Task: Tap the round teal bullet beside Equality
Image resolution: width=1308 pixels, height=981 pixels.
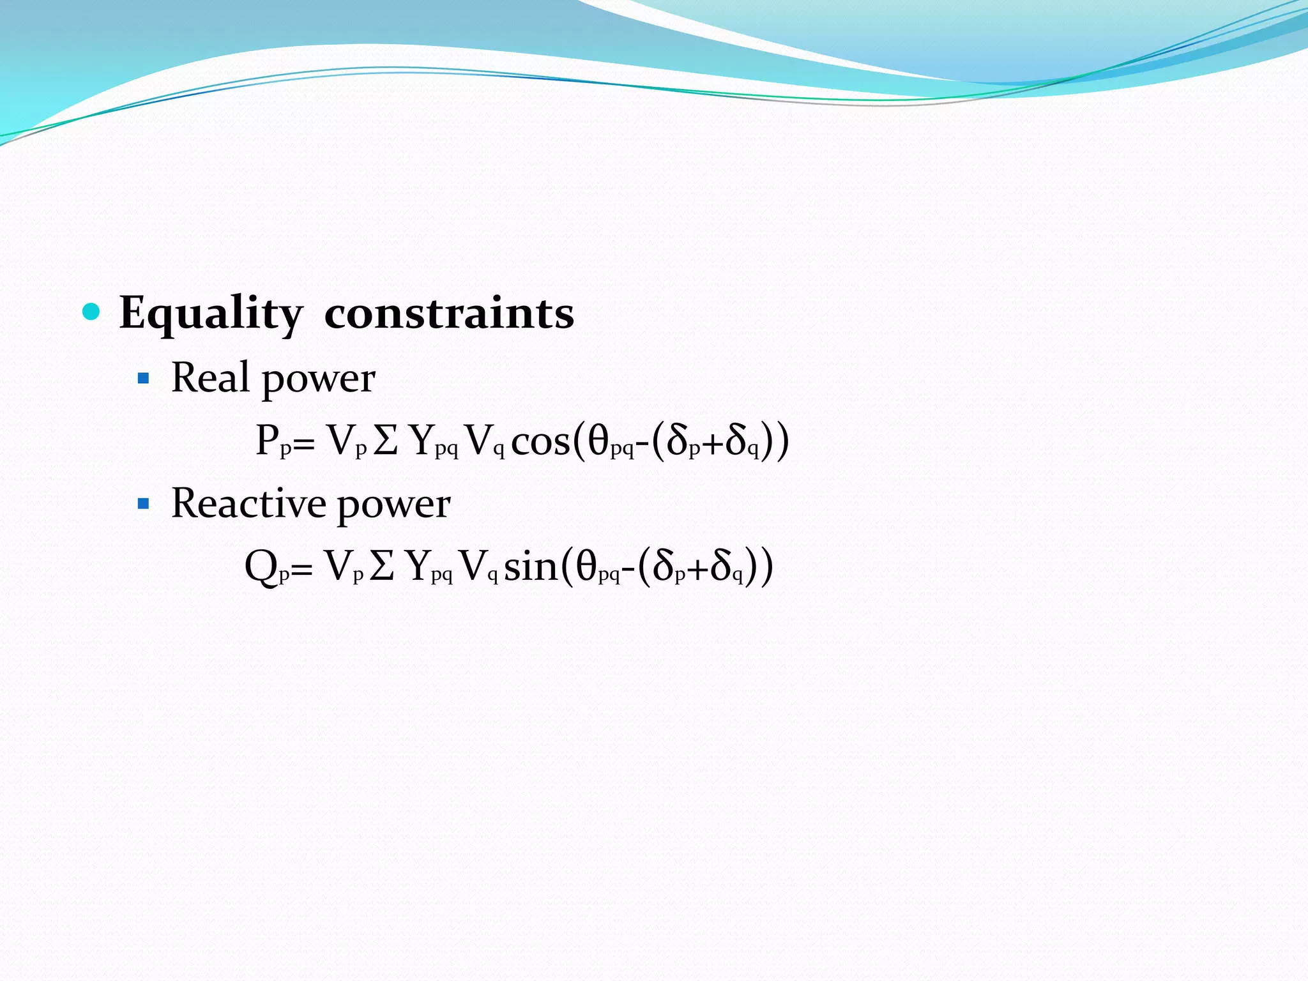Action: pyautogui.click(x=92, y=312)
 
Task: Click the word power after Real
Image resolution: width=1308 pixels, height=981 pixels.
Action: pyautogui.click(x=318, y=379)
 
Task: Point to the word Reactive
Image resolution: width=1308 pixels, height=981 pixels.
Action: pyautogui.click(x=249, y=503)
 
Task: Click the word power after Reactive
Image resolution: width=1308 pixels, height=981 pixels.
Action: pyautogui.click(x=393, y=506)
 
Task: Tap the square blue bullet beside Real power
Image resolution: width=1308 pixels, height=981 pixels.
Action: pyautogui.click(x=144, y=379)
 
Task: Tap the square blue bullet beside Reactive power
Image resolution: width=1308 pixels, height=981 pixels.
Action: pyautogui.click(x=144, y=505)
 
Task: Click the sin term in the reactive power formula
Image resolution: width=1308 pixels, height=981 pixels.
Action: pyautogui.click(x=530, y=567)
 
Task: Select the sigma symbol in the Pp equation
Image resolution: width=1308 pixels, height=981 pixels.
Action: pyautogui.click(x=386, y=441)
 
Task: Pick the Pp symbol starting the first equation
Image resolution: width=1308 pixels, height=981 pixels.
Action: pyautogui.click(x=273, y=441)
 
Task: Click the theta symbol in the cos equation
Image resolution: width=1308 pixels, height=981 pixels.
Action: pyautogui.click(x=598, y=441)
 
